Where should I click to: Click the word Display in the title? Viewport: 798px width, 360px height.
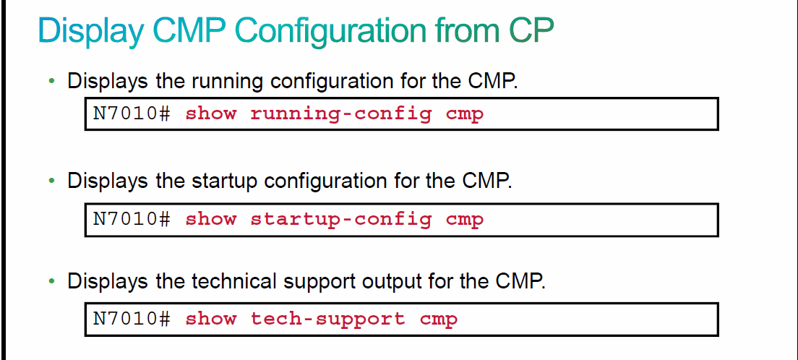tap(91, 30)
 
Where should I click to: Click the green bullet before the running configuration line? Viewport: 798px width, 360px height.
tap(51, 81)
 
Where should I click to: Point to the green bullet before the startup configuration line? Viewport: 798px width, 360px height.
tap(51, 181)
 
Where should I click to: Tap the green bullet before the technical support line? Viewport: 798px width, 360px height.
tap(51, 281)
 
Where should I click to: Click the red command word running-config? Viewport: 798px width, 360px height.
tap(341, 114)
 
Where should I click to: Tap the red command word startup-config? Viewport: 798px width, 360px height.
tap(341, 220)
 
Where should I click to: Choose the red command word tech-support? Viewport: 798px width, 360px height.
tap(327, 320)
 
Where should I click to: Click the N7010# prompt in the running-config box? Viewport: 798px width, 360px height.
tap(132, 113)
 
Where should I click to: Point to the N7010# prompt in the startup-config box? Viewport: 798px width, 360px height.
tap(132, 219)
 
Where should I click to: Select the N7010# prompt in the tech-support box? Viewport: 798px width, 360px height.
tap(132, 319)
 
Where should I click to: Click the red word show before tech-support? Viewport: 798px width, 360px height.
tap(210, 319)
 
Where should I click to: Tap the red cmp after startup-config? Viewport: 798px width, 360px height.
tap(465, 220)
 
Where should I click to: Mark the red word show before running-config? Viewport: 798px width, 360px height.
tap(210, 113)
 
